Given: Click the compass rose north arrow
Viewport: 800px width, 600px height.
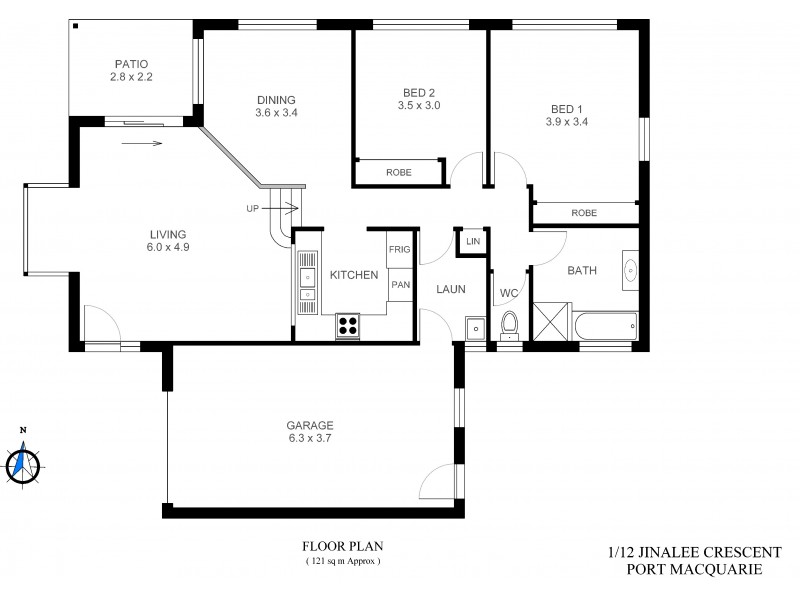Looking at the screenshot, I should click(23, 461).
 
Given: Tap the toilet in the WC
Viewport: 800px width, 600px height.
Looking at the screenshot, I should click(510, 323).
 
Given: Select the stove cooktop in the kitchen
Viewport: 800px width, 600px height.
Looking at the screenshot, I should click(349, 323).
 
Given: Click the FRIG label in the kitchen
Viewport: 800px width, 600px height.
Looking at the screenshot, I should click(400, 249).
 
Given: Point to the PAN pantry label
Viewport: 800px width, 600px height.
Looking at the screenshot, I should click(400, 284).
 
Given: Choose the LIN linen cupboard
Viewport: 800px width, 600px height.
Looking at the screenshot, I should click(472, 242).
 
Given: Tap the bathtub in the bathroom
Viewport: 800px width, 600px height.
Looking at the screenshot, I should click(604, 323).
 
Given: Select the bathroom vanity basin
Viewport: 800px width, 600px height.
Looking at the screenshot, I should click(632, 269).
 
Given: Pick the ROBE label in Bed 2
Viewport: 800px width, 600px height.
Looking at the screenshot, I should click(399, 173).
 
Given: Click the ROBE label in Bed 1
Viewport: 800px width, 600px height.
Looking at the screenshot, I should click(584, 213).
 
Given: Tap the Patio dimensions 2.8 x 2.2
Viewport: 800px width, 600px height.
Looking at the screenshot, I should click(132, 75).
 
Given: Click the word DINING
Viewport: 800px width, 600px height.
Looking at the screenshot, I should click(276, 99).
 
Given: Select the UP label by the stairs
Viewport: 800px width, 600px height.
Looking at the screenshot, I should click(254, 208).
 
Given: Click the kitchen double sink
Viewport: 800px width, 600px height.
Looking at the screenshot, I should click(307, 282).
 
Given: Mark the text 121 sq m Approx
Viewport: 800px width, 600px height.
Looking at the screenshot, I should click(343, 562).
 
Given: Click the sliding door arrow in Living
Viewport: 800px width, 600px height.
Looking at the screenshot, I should click(144, 143).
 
